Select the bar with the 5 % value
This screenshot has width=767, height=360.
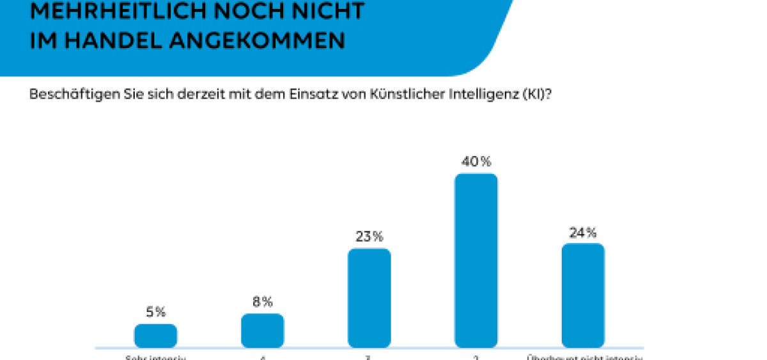(x=155, y=336)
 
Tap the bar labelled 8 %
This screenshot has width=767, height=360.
(x=262, y=331)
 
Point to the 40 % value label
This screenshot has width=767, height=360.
(x=476, y=161)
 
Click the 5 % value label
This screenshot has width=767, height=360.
(x=155, y=312)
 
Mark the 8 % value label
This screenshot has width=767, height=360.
(x=262, y=301)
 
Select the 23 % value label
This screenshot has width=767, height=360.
(x=369, y=237)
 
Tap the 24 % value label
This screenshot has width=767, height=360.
(x=582, y=231)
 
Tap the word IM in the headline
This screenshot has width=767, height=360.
(x=44, y=40)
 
